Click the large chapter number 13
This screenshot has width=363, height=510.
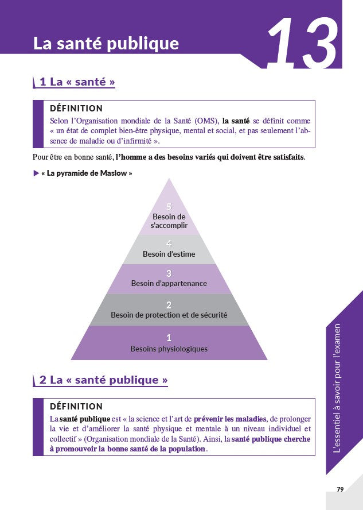pyautogui.click(x=302, y=43)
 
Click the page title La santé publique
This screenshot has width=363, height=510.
pyautogui.click(x=106, y=44)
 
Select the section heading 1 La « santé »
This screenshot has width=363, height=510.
pyautogui.click(x=77, y=82)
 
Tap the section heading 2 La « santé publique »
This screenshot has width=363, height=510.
pyautogui.click(x=104, y=380)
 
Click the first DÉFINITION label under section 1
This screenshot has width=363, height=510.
pyautogui.click(x=76, y=109)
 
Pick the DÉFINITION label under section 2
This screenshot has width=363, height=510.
pyautogui.click(x=76, y=406)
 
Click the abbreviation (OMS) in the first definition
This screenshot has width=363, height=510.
pyautogui.click(x=207, y=121)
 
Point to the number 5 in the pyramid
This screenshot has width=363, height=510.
pyautogui.click(x=169, y=207)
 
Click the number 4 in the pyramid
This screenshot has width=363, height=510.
pyautogui.click(x=169, y=244)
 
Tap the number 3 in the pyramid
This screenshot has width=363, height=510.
pyautogui.click(x=169, y=273)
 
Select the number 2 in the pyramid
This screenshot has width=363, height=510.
pyautogui.click(x=169, y=305)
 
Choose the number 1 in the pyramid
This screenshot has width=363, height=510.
pyautogui.click(x=169, y=338)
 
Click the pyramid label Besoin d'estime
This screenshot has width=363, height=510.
pyautogui.click(x=169, y=254)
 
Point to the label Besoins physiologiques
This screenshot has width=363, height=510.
pyautogui.click(x=169, y=349)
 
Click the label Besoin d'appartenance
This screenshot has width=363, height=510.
pyautogui.click(x=169, y=283)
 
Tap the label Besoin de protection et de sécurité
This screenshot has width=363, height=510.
pyautogui.click(x=169, y=315)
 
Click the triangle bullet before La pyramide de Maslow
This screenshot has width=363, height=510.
pyautogui.click(x=36, y=173)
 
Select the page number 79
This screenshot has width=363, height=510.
pyautogui.click(x=340, y=489)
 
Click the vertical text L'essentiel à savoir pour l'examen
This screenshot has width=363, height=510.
pyautogui.click(x=338, y=388)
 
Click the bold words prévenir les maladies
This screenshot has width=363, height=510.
pyautogui.click(x=230, y=419)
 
